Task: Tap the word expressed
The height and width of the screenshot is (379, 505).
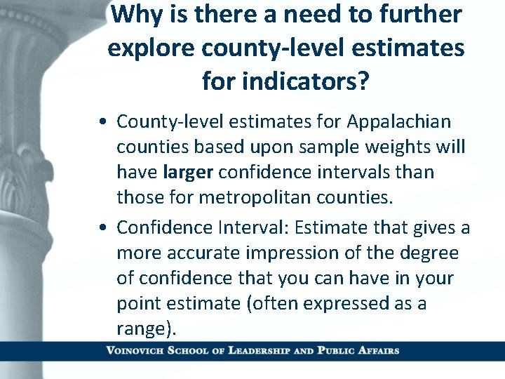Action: (351, 303)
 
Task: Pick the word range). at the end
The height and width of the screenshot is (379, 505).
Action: (147, 328)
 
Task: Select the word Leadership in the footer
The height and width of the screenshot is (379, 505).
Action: (264, 350)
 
